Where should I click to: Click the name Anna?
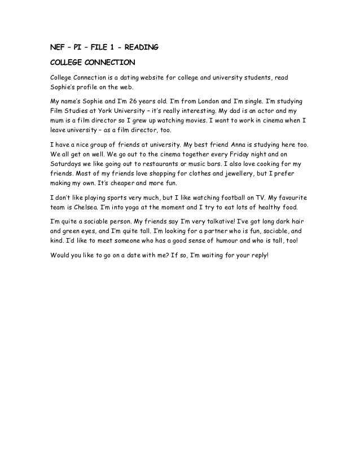tap(225, 144)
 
